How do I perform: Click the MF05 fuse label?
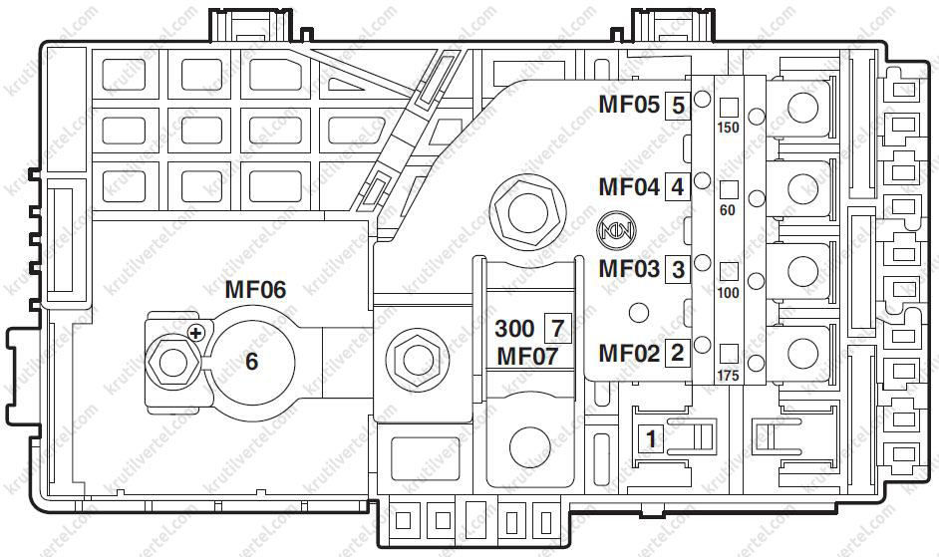click(x=628, y=104)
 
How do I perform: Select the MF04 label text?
click(x=628, y=186)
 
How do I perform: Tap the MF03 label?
click(x=628, y=269)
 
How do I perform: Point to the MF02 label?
click(x=628, y=352)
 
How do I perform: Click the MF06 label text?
click(x=254, y=291)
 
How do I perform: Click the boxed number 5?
click(x=678, y=104)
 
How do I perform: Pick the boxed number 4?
click(x=678, y=186)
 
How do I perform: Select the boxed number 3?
click(x=678, y=269)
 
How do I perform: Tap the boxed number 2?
click(x=678, y=352)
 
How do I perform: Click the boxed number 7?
click(x=556, y=327)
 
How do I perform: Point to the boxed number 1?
click(x=652, y=437)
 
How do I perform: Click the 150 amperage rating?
click(x=729, y=128)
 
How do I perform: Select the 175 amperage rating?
click(x=729, y=376)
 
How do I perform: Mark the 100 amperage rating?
click(x=729, y=293)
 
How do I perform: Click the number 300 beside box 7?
click(x=514, y=328)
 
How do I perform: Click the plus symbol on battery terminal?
click(x=196, y=333)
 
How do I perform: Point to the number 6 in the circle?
click(x=251, y=361)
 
